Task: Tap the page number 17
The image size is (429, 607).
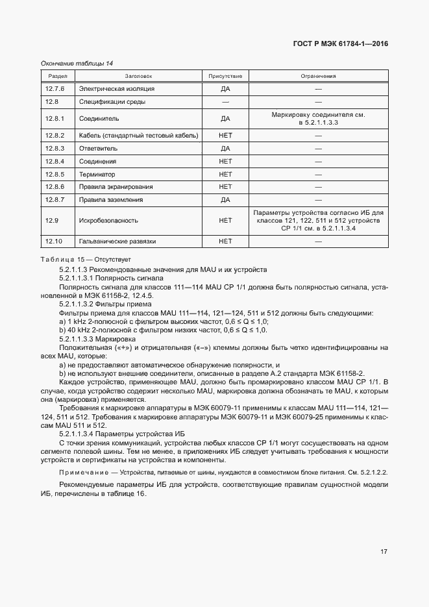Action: point(384,552)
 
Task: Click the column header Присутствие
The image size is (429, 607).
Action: point(225,76)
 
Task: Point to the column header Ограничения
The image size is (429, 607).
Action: point(318,76)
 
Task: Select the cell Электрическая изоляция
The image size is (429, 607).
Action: point(117,88)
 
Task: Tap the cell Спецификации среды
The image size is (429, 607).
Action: point(112,102)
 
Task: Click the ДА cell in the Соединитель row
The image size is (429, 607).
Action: point(225,119)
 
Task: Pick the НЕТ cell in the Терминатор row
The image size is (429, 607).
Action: point(225,175)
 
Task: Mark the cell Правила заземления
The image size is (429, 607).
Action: point(111,200)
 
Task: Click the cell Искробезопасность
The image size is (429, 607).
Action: point(107,221)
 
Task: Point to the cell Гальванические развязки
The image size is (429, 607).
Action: point(119,242)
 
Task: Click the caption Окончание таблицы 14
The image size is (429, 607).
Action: point(77,63)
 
